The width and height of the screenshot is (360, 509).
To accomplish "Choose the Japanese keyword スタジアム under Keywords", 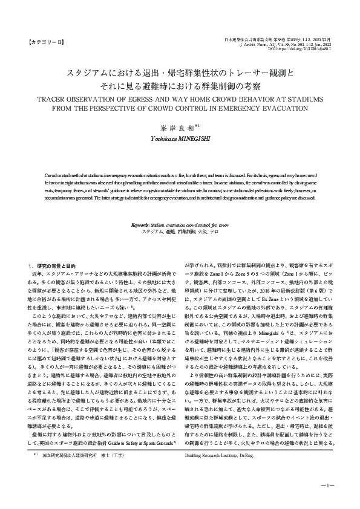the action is click(151, 232).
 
